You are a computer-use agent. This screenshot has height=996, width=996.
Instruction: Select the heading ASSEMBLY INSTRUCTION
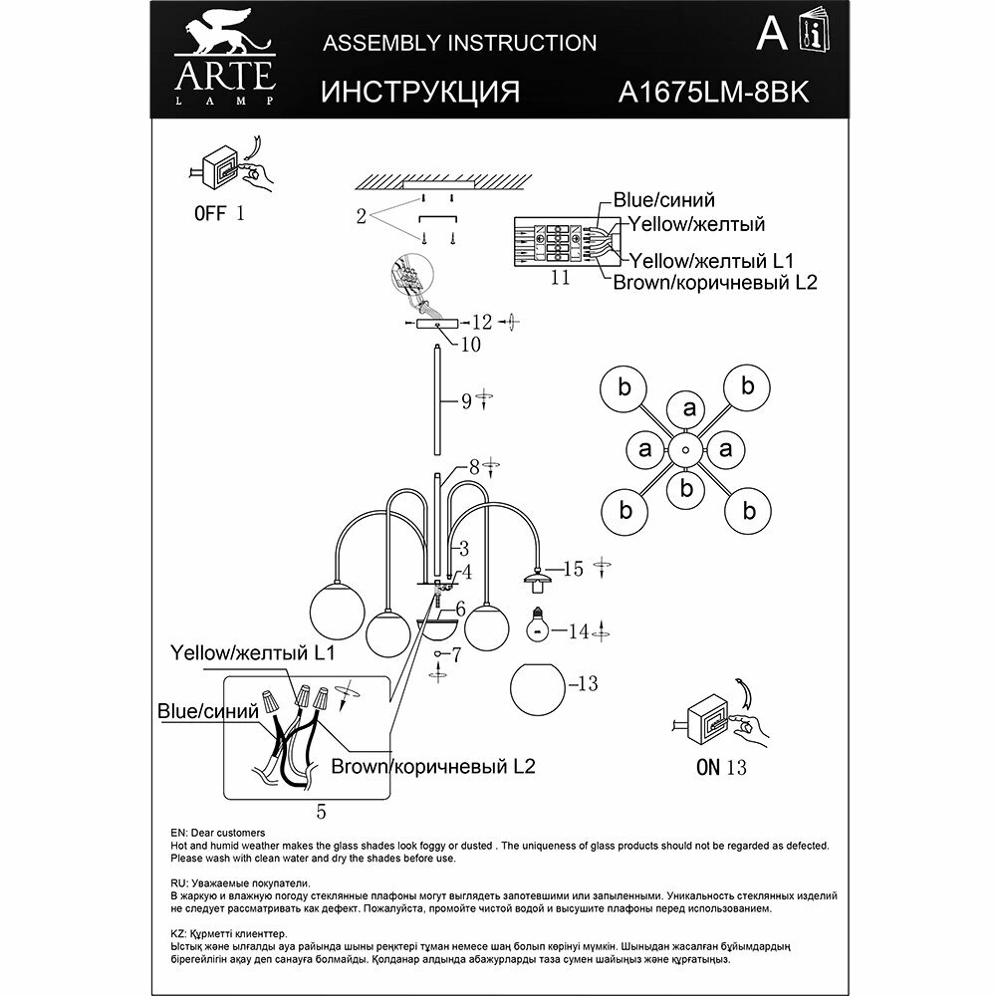461,42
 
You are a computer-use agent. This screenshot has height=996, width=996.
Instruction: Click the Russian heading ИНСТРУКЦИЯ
421,92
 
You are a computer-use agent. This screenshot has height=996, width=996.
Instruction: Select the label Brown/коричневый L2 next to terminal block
715,283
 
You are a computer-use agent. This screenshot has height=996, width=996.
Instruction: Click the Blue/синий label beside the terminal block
664,201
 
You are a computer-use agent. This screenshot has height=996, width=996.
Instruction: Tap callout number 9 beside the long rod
464,403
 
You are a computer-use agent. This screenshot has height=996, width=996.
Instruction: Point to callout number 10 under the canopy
470,345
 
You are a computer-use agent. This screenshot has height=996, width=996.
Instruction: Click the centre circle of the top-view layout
686,450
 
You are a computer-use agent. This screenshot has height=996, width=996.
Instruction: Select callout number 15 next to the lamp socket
572,570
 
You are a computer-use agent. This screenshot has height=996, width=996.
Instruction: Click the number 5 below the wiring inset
321,812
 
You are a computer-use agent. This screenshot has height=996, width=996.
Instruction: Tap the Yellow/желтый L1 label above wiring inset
251,653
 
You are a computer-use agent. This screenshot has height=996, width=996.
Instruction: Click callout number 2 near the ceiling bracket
364,213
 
